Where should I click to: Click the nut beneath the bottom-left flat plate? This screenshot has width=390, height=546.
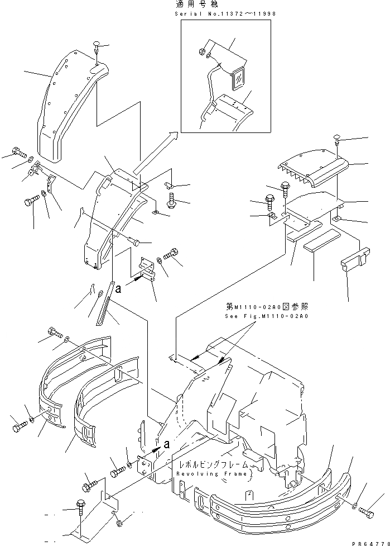[x=119, y=523]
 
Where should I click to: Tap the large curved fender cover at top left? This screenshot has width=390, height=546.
[x=67, y=106]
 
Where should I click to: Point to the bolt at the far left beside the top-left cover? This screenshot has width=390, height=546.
[x=18, y=152]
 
